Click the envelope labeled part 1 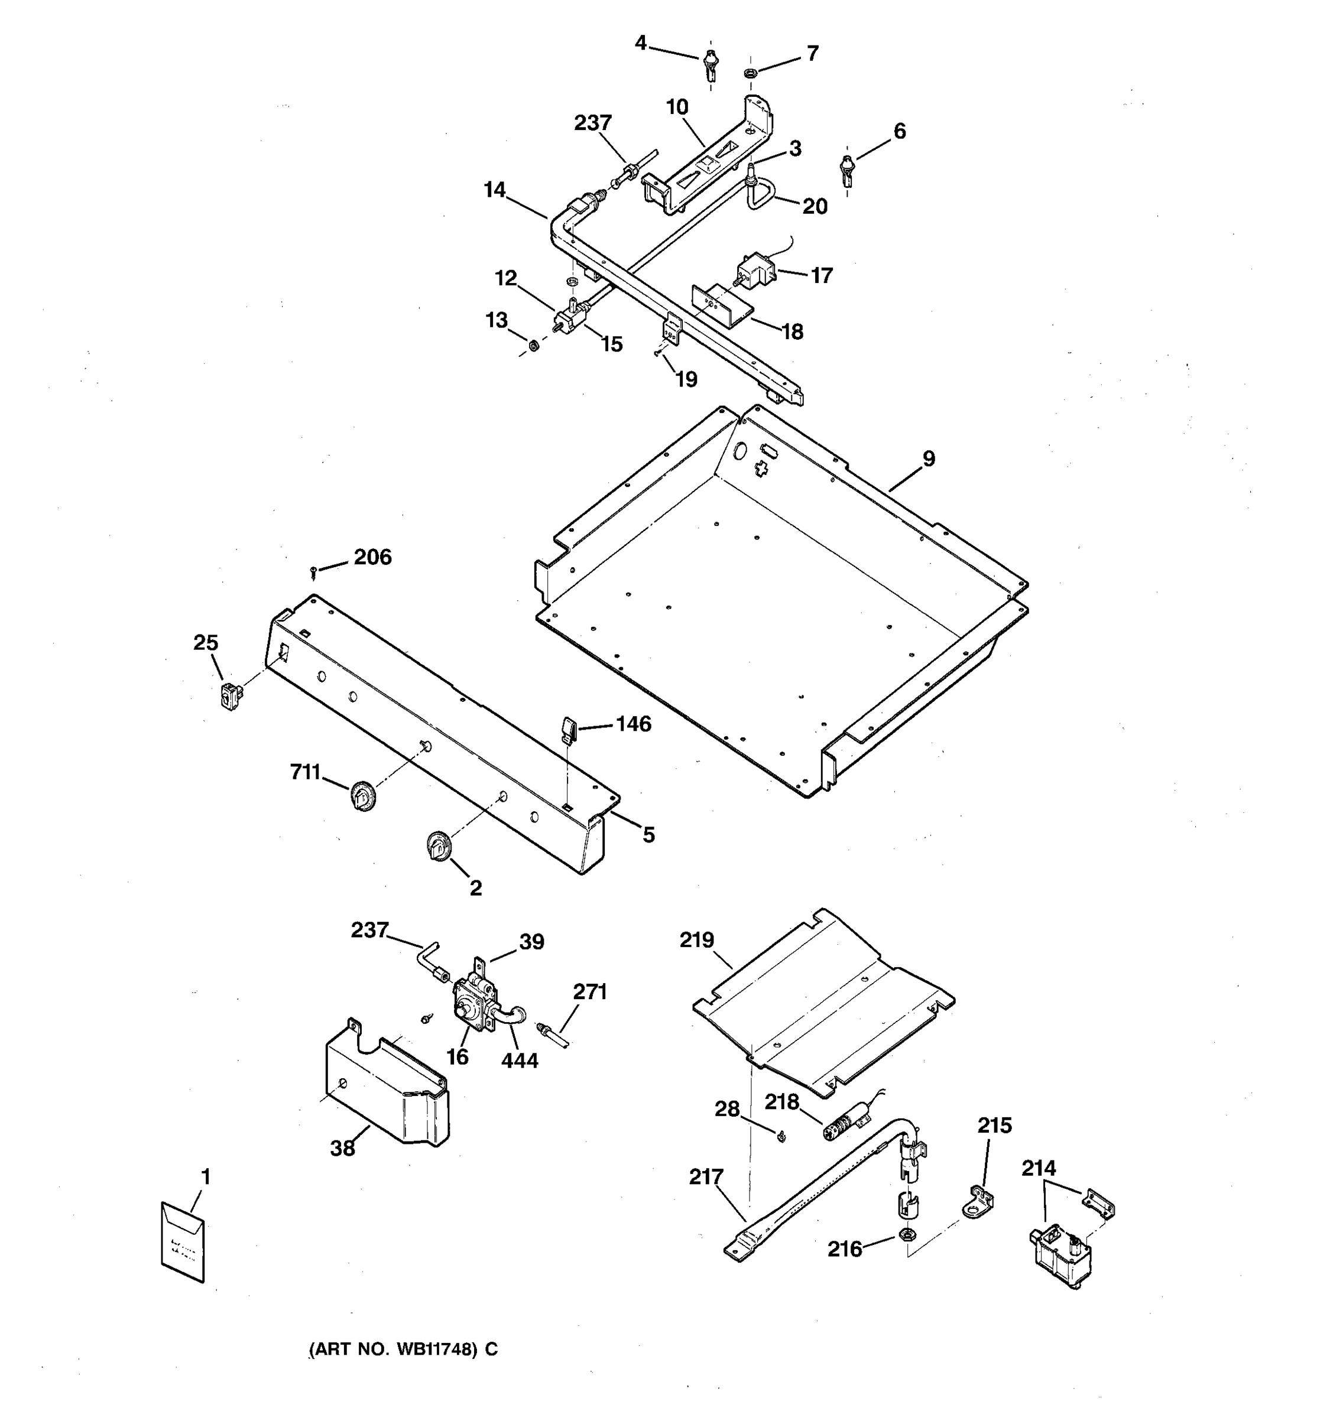183,1242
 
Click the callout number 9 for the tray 928,458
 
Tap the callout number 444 519,1061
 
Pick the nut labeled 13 533,347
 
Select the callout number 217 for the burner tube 706,1177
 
